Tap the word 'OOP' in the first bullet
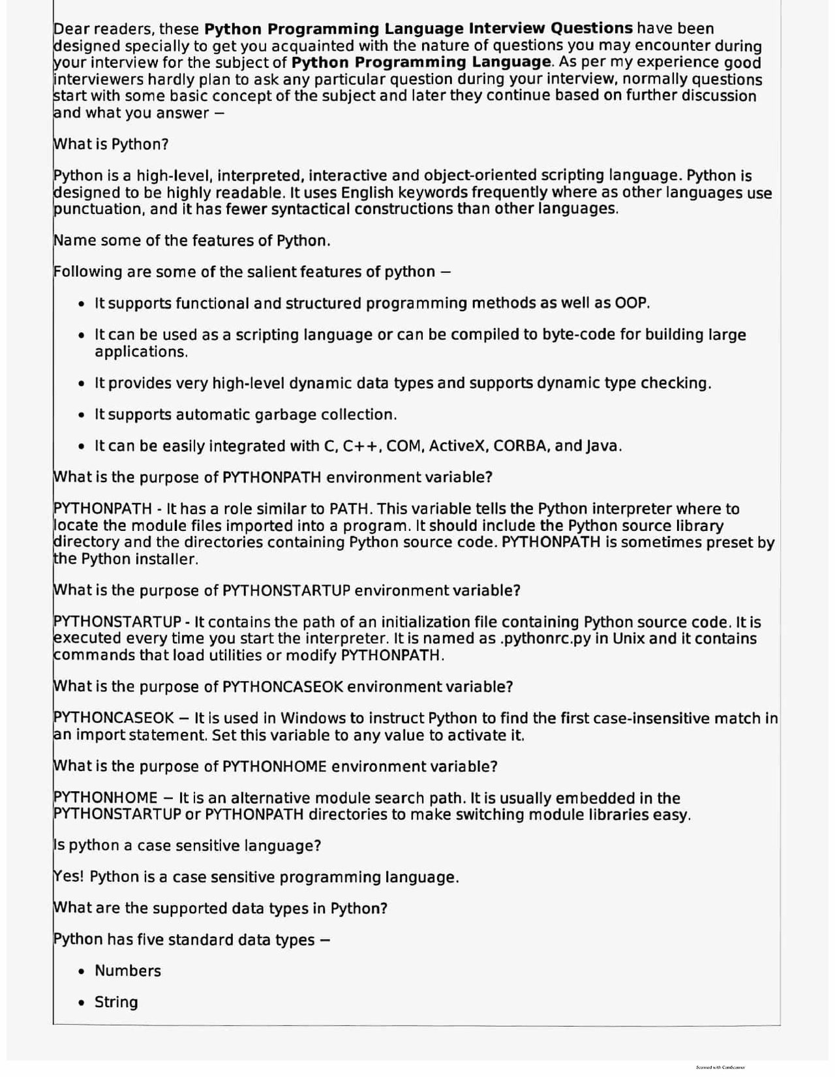(631, 303)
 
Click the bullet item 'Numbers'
(128, 971)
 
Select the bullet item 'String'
(116, 1002)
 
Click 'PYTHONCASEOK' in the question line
(282, 687)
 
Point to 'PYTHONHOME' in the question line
(274, 766)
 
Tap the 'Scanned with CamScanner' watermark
(720, 1067)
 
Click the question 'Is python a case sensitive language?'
(187, 846)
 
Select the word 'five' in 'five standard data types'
(150, 940)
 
